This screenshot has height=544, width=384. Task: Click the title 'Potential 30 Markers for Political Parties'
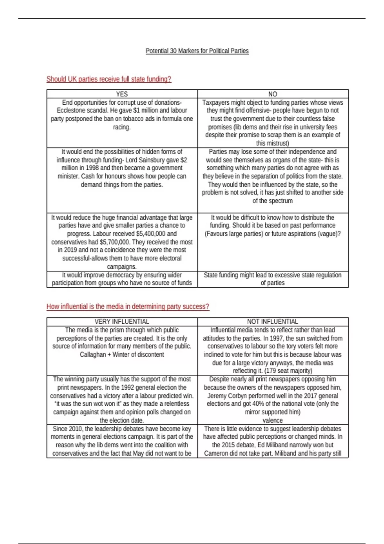pos(197,51)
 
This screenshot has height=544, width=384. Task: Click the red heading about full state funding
pos(109,79)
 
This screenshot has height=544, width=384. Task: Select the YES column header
pos(122,94)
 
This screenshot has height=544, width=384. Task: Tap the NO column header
pos(273,94)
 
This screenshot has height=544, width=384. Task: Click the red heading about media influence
pos(128,307)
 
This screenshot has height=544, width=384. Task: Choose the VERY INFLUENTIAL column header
pos(122,322)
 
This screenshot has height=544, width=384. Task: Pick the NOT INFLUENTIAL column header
pos(273,322)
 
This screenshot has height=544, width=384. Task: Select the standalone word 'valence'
pos(273,420)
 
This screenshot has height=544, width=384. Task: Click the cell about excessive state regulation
pos(273,279)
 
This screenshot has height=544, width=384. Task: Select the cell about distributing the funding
pos(273,226)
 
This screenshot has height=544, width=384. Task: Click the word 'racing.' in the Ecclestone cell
pos(122,127)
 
